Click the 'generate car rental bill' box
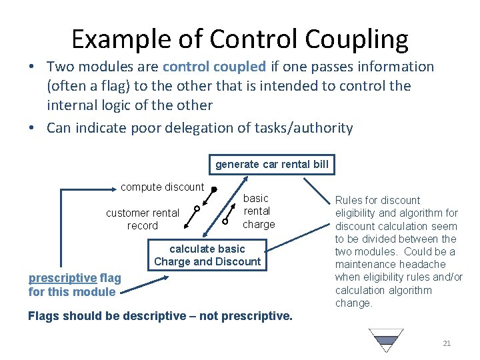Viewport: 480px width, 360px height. pyautogui.click(x=272, y=164)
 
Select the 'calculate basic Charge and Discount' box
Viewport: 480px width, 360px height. pyautogui.click(x=207, y=255)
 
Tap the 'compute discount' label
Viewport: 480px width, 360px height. pyautogui.click(x=162, y=187)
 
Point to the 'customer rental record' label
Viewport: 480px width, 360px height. pyautogui.click(x=143, y=219)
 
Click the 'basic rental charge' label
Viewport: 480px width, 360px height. pyautogui.click(x=258, y=211)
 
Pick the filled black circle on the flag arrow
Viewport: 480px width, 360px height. pyautogui.click(x=214, y=189)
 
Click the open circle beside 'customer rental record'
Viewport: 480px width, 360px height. pyautogui.click(x=197, y=209)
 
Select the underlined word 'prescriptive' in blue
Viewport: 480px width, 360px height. pyautogui.click(x=63, y=279)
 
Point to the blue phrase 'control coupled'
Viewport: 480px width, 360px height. pyautogui.click(x=214, y=67)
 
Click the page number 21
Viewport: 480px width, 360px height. pyautogui.click(x=447, y=343)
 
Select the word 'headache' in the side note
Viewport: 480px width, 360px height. pyautogui.click(x=426, y=265)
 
